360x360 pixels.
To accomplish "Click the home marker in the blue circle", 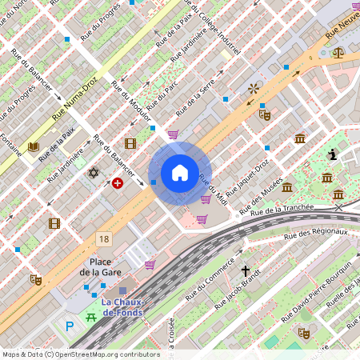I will point(179,173).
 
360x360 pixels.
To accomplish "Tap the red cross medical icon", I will point(118,183).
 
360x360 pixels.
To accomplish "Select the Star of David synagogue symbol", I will point(93,173).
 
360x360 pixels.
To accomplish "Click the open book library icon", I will point(34,146).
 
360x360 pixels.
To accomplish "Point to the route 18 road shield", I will point(104,238).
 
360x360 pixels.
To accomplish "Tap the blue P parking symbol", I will point(70,326).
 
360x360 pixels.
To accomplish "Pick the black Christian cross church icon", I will point(246,272).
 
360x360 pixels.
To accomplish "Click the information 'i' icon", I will point(333,154).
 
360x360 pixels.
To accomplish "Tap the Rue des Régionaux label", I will point(316,234).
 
